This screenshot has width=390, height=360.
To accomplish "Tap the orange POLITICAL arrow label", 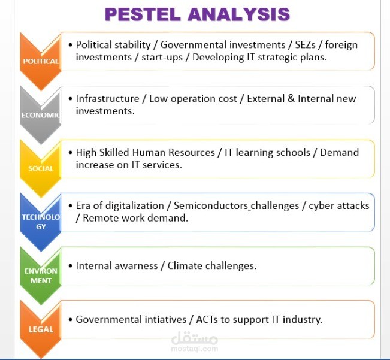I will click(41, 60).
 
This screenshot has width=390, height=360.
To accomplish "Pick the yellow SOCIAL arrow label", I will click(41, 168).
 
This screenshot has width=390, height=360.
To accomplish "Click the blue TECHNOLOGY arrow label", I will click(41, 222).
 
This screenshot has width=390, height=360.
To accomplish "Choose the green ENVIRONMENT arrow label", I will click(41, 276).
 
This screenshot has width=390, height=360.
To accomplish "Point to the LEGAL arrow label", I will click(41, 329).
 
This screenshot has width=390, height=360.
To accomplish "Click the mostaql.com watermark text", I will click(202, 348).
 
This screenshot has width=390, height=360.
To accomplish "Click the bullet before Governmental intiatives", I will click(70, 319).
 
